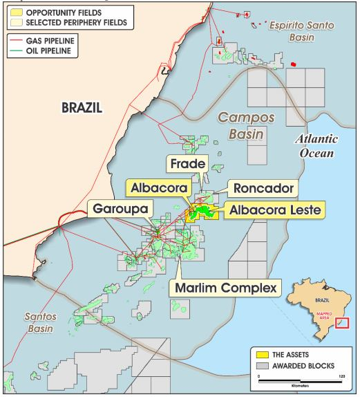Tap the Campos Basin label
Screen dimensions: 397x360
247,125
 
